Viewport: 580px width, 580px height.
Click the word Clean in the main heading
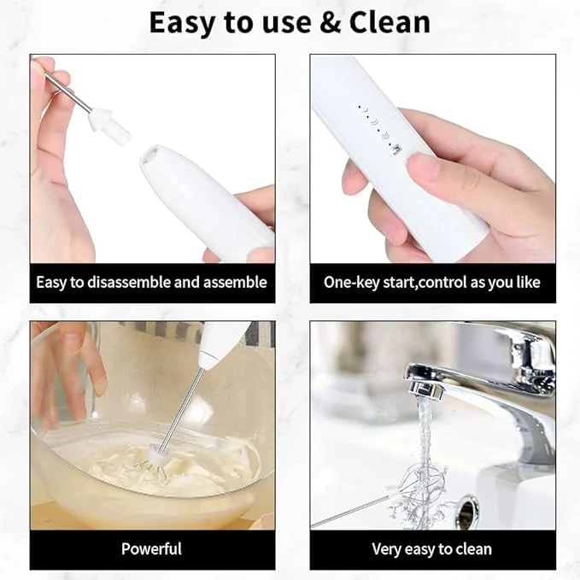(x=390, y=22)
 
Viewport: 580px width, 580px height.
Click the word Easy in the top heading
(x=182, y=24)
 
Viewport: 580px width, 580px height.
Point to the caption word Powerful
(x=152, y=549)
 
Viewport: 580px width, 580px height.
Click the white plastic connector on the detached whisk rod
(x=110, y=126)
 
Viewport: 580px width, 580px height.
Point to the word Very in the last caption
(x=385, y=549)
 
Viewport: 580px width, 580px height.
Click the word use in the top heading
(x=287, y=24)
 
